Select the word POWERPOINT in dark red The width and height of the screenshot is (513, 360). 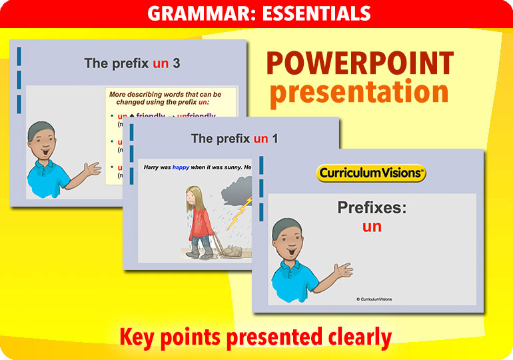[360, 64]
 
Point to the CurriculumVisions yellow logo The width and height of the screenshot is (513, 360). [370, 173]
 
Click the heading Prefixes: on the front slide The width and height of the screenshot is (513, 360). [372, 207]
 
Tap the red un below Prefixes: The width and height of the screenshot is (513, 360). [372, 227]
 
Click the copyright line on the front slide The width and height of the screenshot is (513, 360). [374, 299]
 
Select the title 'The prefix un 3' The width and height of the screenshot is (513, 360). [132, 63]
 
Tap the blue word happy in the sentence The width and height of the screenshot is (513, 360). [181, 167]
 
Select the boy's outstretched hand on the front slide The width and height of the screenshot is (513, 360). [342, 270]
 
